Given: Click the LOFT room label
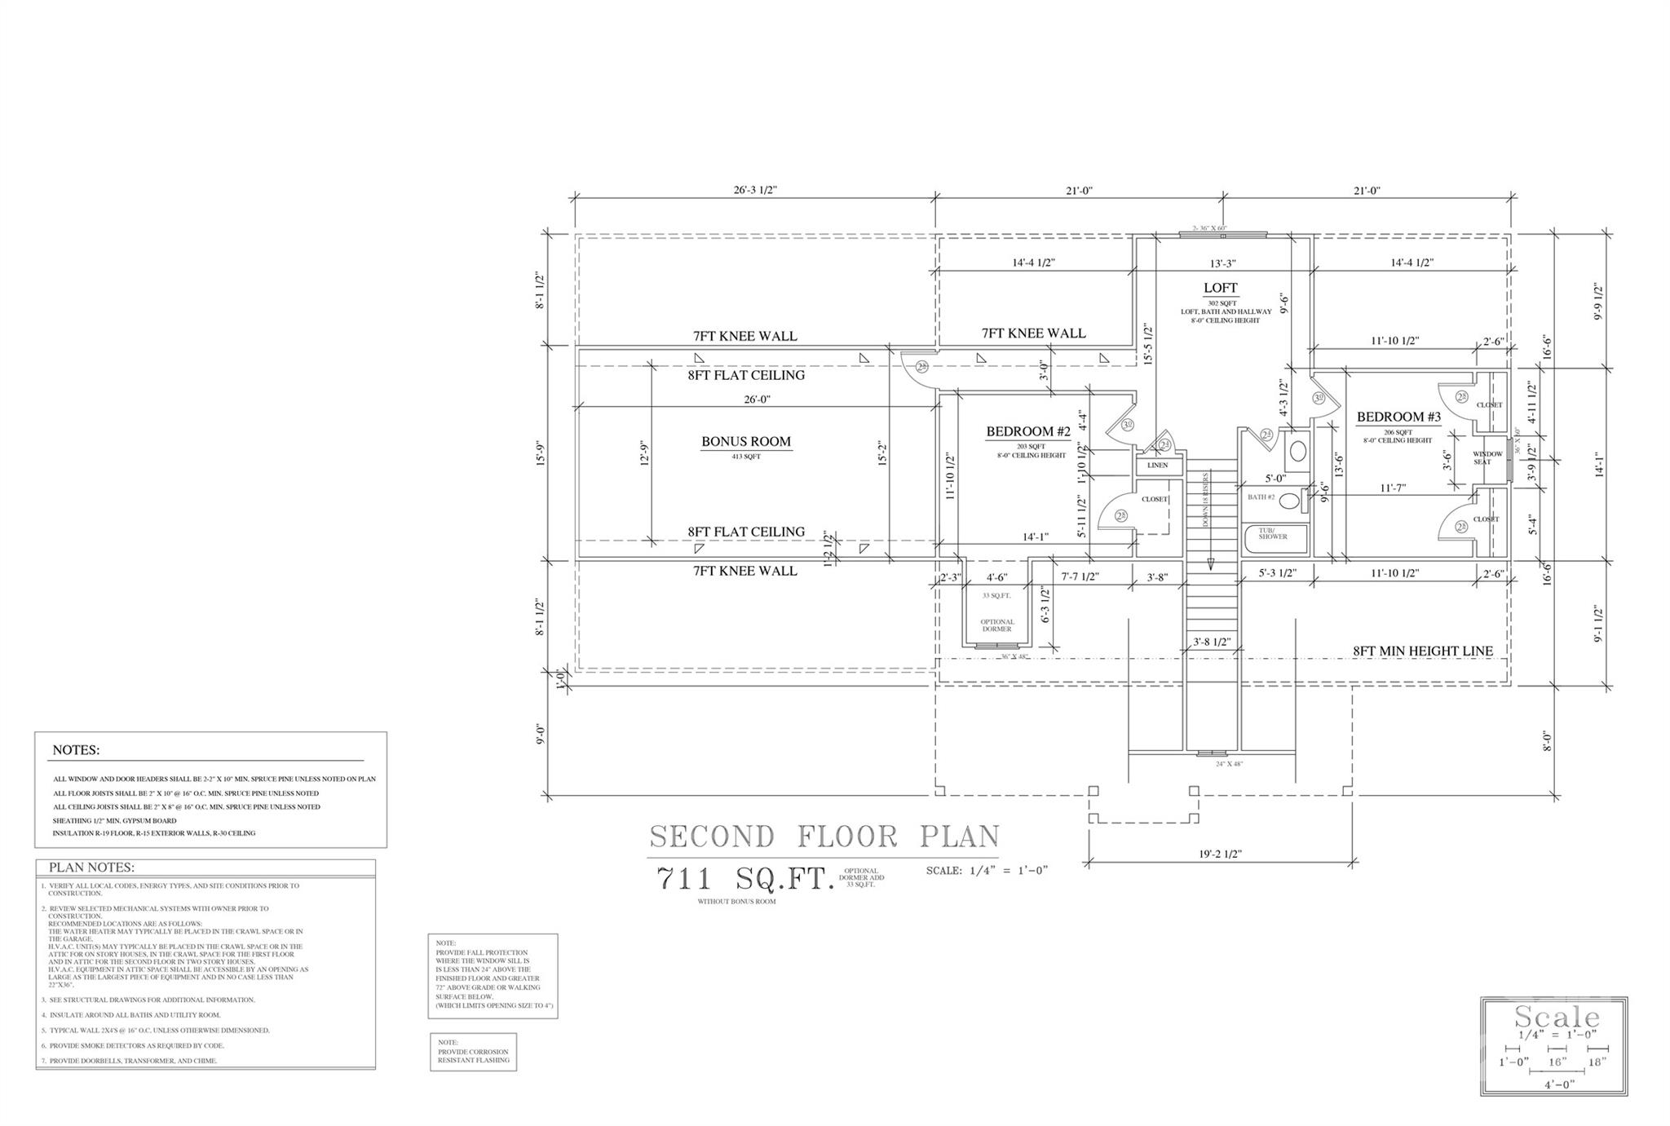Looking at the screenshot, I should pos(1220,288).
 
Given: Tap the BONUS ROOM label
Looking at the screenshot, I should pos(746,442).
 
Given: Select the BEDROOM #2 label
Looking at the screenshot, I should pos(1027,431).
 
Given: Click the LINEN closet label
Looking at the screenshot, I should pos(1157,466).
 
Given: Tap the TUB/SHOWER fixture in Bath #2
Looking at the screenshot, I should pos(1272,536).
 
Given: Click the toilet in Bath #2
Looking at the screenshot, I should pos(1289,501).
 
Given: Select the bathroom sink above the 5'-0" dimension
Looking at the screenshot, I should pos(1297,451).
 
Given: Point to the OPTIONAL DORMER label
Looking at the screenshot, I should pos(997,625).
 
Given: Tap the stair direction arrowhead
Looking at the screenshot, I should pos(1211,563).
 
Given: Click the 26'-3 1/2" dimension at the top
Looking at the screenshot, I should pos(754,191).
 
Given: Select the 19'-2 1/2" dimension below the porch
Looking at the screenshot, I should pos(1221,854).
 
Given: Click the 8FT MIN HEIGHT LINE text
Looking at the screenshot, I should pos(1423,651).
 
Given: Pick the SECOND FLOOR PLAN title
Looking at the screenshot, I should pos(824,837).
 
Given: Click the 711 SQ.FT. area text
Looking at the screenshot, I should pos(745,879).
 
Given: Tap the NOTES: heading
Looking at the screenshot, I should pos(76,750).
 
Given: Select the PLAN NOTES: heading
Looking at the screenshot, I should pos(91,868).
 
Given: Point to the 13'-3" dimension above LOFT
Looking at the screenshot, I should pos(1222,263).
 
